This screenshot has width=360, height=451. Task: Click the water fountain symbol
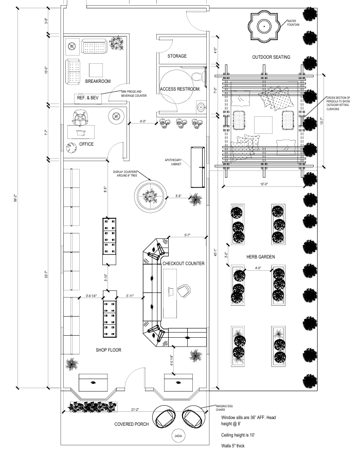point(263,25)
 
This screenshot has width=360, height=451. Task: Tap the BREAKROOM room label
point(98,81)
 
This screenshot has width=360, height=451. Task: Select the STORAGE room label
point(177,56)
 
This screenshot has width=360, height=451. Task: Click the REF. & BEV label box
point(87,97)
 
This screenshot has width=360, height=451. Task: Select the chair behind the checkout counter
point(183,291)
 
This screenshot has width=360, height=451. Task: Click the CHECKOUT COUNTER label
point(184,264)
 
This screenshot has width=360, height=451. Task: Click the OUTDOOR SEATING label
point(271,57)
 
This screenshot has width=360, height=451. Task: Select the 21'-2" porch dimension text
point(136,410)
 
